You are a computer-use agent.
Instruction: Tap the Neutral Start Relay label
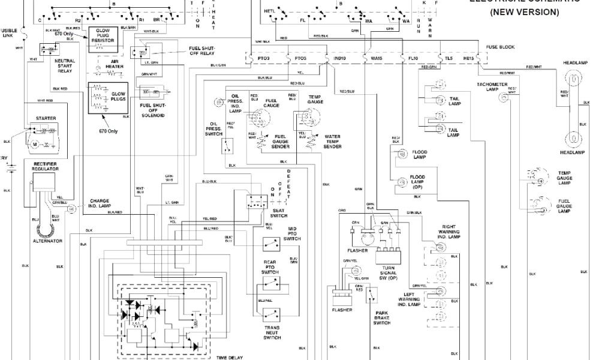[64, 65]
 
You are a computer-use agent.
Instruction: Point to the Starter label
[46, 118]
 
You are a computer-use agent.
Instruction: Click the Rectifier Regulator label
[46, 166]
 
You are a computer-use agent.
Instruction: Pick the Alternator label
[47, 241]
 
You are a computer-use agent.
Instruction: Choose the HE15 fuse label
[468, 58]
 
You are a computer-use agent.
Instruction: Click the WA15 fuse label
[376, 58]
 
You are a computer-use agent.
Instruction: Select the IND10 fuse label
[339, 58]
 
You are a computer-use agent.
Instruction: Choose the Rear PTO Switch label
[270, 267]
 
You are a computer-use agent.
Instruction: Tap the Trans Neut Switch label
[272, 333]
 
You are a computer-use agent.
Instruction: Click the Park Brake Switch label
[381, 318]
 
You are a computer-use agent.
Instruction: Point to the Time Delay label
[230, 358]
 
